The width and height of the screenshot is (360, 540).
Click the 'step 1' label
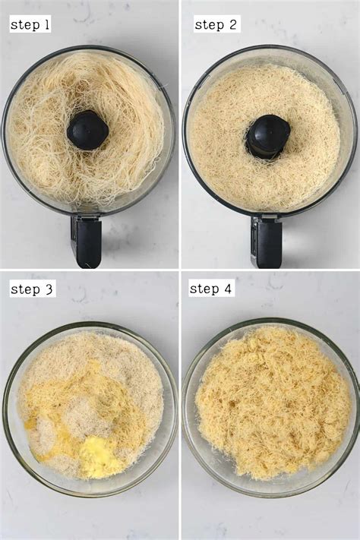tap(30, 25)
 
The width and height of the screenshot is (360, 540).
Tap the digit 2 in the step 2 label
tap(232, 25)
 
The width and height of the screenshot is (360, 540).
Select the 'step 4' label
tap(210, 289)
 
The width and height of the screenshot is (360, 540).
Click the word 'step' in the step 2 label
tap(209, 25)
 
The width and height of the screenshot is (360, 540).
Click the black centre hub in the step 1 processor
tap(88, 130)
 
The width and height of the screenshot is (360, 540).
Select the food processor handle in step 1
tap(87, 241)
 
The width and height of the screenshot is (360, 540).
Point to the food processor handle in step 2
tap(267, 241)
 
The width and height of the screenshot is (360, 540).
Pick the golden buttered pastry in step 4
tap(270, 403)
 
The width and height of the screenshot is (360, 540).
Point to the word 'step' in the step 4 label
tap(203, 289)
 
